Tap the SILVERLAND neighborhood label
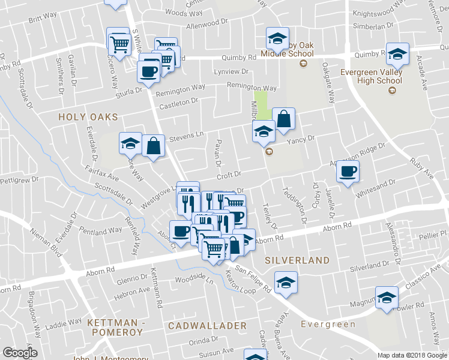pos(297,260)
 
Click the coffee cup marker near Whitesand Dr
pos(348,172)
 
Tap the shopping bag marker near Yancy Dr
pos(284,119)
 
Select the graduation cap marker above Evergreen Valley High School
pos(397,55)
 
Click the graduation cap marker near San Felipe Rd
pos(286,283)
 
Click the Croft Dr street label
pos(229,175)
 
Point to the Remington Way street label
pos(180,91)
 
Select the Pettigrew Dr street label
pos(19,180)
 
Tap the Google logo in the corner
pos(20,352)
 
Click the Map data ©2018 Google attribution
pos(412,355)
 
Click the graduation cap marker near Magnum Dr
pos(387,297)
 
